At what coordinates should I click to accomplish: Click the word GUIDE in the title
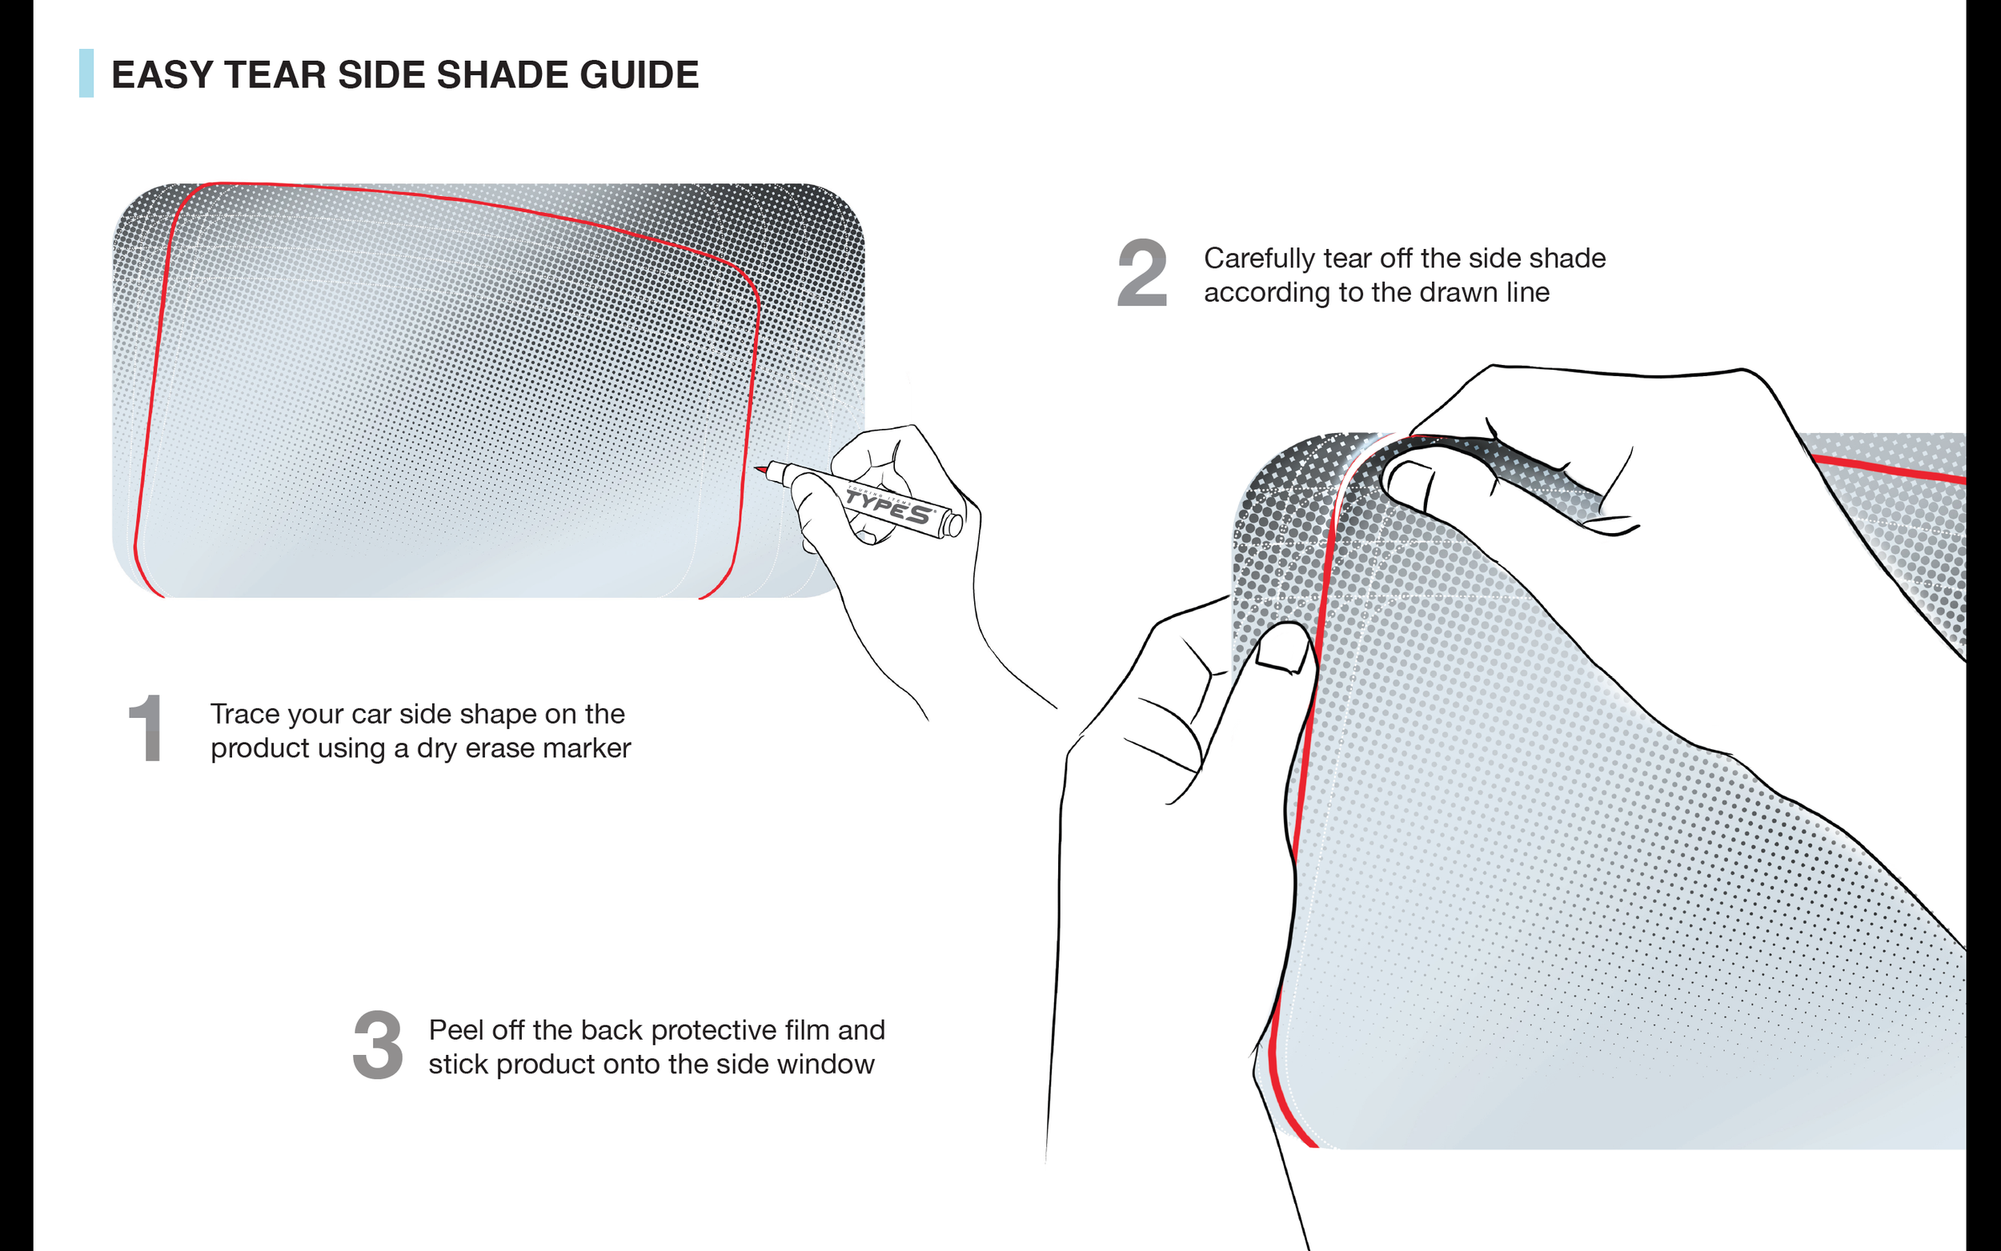click(x=640, y=74)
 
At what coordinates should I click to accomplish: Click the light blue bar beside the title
click(x=86, y=73)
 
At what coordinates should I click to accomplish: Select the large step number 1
click(x=146, y=728)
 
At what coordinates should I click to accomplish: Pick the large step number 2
click(x=1142, y=272)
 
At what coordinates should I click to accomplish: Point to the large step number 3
click(x=378, y=1045)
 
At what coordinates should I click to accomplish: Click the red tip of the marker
click(x=760, y=469)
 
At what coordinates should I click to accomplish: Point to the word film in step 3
click(x=807, y=1030)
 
